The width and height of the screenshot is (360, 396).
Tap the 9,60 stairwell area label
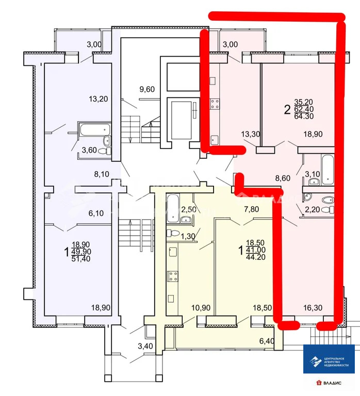pyautogui.click(x=147, y=89)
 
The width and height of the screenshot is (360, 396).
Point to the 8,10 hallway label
pyautogui.click(x=102, y=174)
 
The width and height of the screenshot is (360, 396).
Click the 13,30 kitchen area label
pyautogui.click(x=250, y=134)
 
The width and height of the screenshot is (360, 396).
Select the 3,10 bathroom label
pyautogui.click(x=313, y=175)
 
